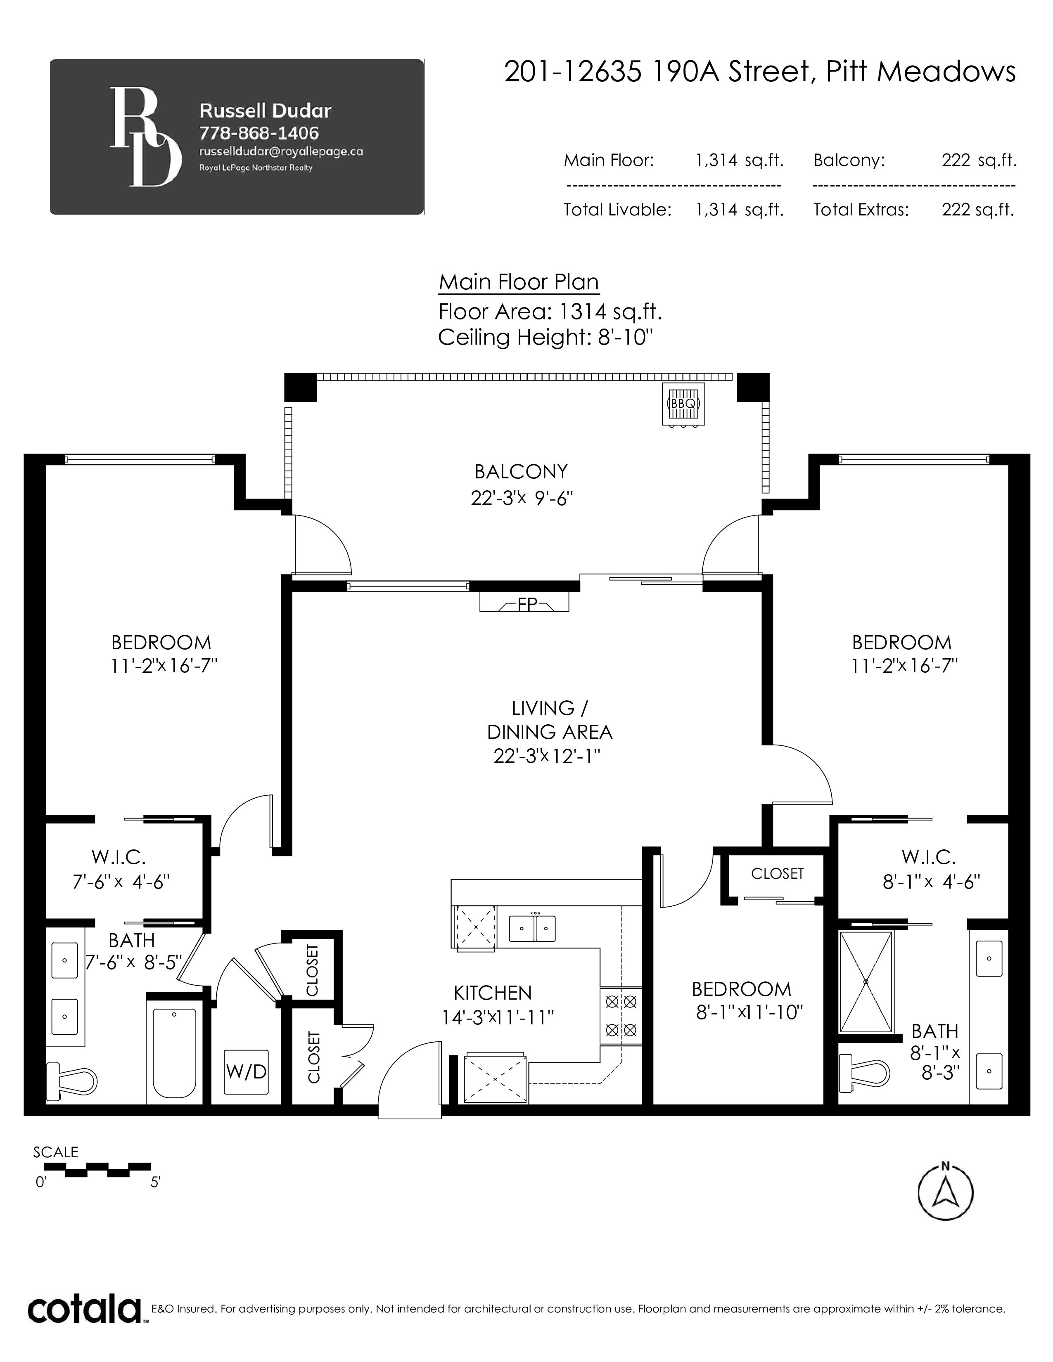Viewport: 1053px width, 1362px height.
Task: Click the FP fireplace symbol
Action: coord(524,603)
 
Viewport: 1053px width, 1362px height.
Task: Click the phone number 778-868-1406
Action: coord(259,133)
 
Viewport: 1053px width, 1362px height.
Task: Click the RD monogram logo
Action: coord(146,137)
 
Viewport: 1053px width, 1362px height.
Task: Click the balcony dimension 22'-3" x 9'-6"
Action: coord(522,498)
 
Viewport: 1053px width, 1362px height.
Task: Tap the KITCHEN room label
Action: coord(492,993)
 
